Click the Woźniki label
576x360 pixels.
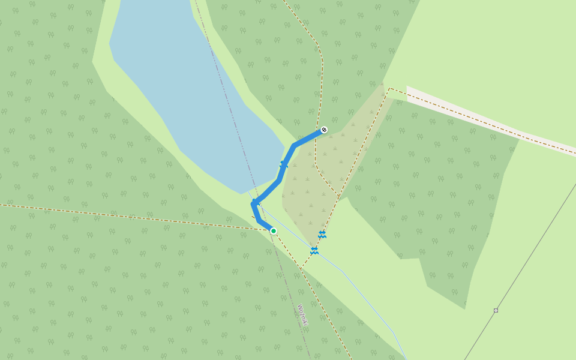point(302,315)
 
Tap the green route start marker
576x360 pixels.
point(273,231)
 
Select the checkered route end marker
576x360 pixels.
point(324,130)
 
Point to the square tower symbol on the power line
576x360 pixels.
point(496,310)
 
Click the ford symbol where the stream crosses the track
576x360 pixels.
point(314,250)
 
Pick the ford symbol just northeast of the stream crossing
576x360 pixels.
point(322,234)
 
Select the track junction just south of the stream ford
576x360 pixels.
point(302,268)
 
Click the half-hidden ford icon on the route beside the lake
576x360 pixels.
point(284,164)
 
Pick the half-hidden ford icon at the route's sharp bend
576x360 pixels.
point(256,202)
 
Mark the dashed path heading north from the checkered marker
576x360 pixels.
point(322,78)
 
